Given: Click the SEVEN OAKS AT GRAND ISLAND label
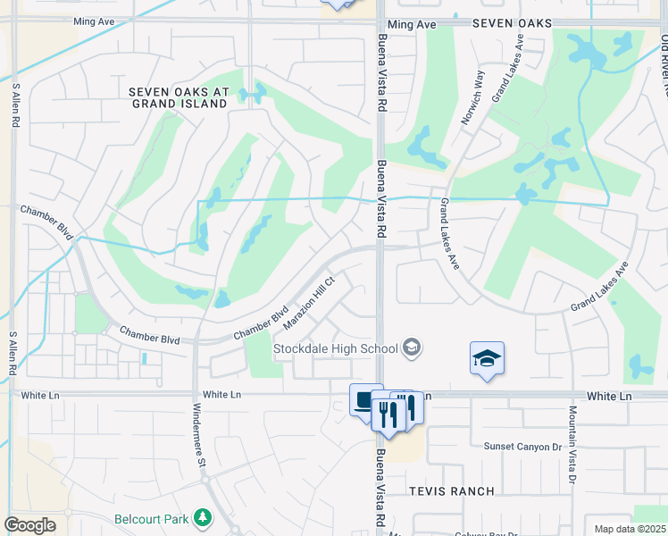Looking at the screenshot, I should pos(179,97).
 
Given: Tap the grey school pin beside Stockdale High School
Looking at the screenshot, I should pos(412,348).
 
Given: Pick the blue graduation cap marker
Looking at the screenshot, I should pos(487,359).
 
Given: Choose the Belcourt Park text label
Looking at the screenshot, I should pos(153,518).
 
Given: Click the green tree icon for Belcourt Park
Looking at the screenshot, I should pos(205,517).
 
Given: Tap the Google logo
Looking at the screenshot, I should pos(29,525).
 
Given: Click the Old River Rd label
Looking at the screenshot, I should pos(664,63).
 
